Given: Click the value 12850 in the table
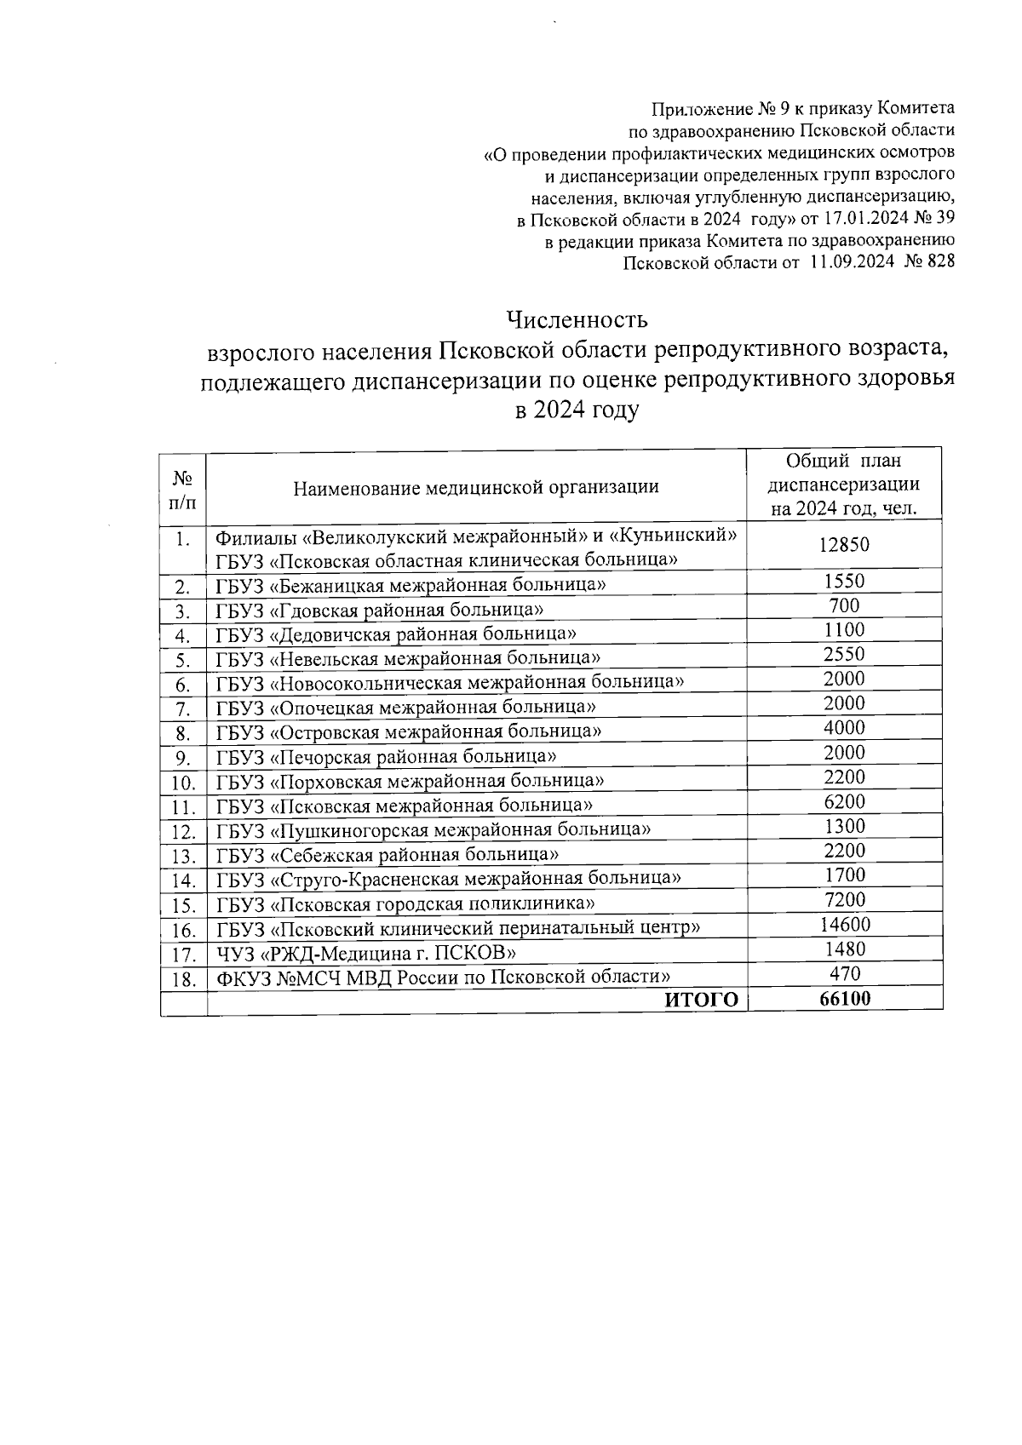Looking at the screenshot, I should pos(844,545).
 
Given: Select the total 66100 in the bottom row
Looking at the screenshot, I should pos(844,999).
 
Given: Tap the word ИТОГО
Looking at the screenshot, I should pos(701,1001).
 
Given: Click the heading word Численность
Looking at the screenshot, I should pos(577,320).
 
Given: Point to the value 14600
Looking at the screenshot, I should pos(844,925).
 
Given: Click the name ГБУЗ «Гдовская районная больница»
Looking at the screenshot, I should pos(380,610).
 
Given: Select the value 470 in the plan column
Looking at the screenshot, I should pos(844,973).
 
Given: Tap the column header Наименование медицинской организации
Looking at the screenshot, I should pos(475,487).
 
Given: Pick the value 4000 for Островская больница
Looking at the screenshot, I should pos(844,728).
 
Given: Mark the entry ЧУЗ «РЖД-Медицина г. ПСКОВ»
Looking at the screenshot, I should pos(365,953).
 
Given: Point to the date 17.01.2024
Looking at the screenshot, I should pos(868,219).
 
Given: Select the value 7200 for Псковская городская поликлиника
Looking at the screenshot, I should pos(844,900).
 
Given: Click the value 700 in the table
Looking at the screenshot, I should pos(844,606).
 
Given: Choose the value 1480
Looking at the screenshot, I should pos(844,949).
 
